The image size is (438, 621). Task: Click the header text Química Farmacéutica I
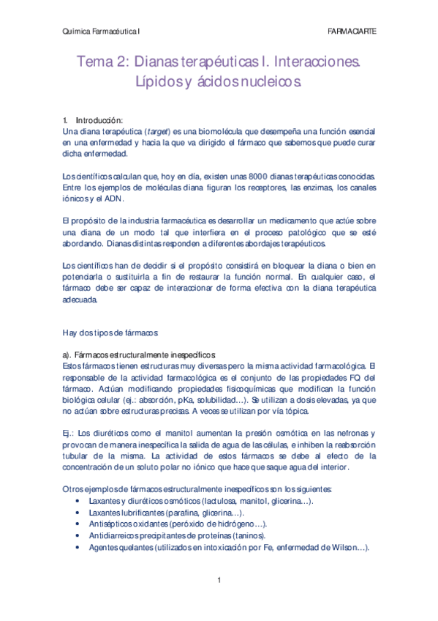(x=102, y=32)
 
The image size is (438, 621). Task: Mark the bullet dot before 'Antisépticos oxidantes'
(x=78, y=524)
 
